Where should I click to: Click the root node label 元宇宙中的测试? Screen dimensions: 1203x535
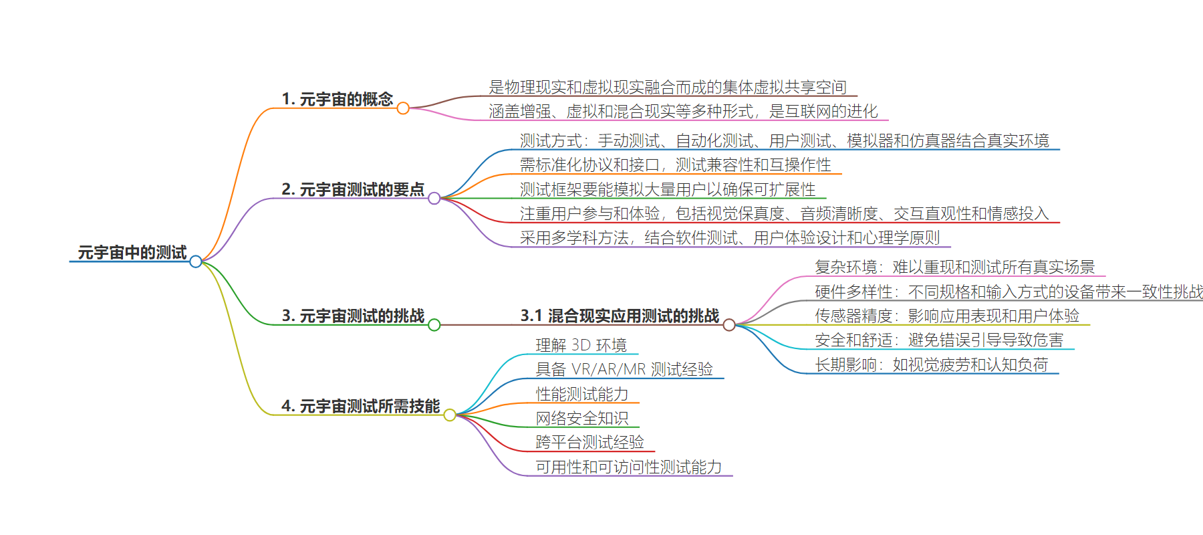(132, 252)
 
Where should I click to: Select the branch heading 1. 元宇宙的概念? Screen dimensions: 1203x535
(338, 99)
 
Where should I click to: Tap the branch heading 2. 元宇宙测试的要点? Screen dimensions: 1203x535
(353, 189)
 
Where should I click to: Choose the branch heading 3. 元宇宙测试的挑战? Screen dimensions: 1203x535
(353, 316)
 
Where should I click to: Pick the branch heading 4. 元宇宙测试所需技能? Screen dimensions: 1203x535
(361, 406)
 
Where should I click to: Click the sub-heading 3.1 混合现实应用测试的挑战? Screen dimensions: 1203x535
(620, 316)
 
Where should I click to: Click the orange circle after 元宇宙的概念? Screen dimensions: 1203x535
(403, 108)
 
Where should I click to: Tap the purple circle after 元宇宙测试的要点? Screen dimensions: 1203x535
(434, 199)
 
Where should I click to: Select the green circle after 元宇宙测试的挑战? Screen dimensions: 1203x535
(434, 325)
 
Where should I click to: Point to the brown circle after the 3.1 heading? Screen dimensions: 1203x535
(729, 325)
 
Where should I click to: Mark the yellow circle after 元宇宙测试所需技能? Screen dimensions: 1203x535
(450, 415)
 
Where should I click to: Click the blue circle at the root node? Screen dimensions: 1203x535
(196, 261)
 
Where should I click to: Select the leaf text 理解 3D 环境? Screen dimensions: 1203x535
(581, 345)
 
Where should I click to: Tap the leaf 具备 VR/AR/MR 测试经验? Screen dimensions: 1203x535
(624, 369)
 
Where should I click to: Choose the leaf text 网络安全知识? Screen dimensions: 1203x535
(582, 418)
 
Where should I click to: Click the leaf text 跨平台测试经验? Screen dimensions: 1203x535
(590, 442)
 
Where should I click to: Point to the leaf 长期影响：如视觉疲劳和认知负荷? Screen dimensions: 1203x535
(932, 364)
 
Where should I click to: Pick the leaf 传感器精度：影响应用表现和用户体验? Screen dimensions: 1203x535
(947, 316)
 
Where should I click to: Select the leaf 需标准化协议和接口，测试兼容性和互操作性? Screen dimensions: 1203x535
(676, 165)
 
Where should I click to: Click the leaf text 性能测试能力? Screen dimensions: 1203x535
(582, 394)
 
